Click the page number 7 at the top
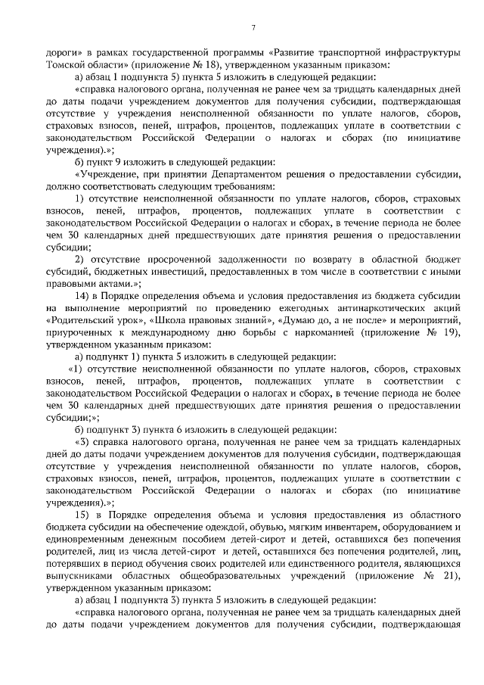[253, 28]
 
